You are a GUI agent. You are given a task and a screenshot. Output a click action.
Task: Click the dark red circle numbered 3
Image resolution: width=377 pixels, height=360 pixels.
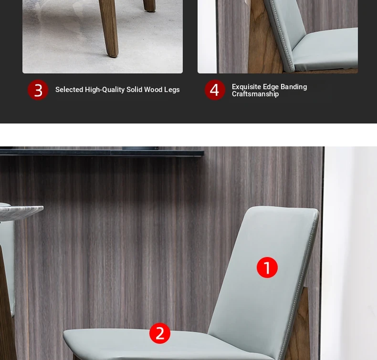coord(38,90)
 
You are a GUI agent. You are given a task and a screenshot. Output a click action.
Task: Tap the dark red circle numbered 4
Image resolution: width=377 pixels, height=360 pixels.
coord(215,90)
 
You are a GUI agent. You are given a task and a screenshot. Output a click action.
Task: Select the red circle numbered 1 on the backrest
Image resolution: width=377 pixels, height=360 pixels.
coord(267,267)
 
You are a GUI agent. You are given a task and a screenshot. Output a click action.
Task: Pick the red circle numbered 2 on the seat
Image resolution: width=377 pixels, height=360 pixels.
coord(160,333)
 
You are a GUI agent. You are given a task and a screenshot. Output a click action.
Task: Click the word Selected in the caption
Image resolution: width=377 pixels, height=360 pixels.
coord(69,90)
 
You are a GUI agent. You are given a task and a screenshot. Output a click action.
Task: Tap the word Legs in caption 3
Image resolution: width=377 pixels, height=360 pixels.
coord(172,90)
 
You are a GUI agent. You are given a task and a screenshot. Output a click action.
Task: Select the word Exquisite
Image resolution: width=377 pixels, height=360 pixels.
coord(246,87)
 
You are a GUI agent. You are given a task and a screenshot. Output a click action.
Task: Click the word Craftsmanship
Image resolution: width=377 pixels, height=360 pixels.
coord(255,94)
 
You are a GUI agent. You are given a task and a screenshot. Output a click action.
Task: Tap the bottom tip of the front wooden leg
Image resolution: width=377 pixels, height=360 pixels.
coord(112,56)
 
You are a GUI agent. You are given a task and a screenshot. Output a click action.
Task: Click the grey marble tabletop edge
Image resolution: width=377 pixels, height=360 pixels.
coord(21,210)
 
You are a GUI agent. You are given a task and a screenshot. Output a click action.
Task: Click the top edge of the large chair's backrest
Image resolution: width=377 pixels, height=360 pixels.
coord(283,208)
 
